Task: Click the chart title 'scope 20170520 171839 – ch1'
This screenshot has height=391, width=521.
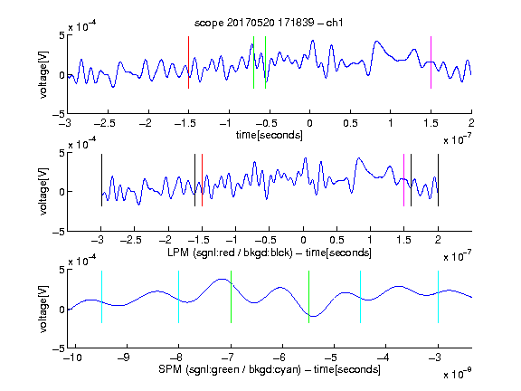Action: coord(269,23)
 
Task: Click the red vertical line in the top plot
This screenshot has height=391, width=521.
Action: coord(188,62)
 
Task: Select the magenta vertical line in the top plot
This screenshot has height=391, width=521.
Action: coord(431,62)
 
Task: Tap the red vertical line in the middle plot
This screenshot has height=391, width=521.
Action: coord(202,180)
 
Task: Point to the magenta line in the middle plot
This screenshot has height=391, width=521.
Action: coord(403,180)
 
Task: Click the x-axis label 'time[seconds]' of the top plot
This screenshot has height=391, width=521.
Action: coord(270,135)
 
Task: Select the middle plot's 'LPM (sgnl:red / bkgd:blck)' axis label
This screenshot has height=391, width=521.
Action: coord(230,253)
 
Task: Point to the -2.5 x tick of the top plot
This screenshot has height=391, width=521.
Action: coord(105,123)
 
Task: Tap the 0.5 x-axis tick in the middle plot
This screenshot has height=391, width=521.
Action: coord(336,240)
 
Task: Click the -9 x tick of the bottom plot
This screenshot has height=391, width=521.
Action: coord(124,358)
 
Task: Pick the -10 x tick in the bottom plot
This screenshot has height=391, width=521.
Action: coord(72,358)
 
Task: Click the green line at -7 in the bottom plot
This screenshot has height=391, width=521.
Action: coord(231,297)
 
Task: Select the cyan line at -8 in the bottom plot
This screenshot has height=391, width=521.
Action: coord(179,297)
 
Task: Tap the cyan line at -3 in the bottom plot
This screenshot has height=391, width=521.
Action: coord(439,297)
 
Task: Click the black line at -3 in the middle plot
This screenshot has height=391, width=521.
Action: coord(101,180)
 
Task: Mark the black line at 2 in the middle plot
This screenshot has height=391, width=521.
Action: coord(438,180)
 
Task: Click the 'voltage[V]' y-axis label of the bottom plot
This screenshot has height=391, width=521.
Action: coord(43,309)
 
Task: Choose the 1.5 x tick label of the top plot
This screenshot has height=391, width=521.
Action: coord(431,123)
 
